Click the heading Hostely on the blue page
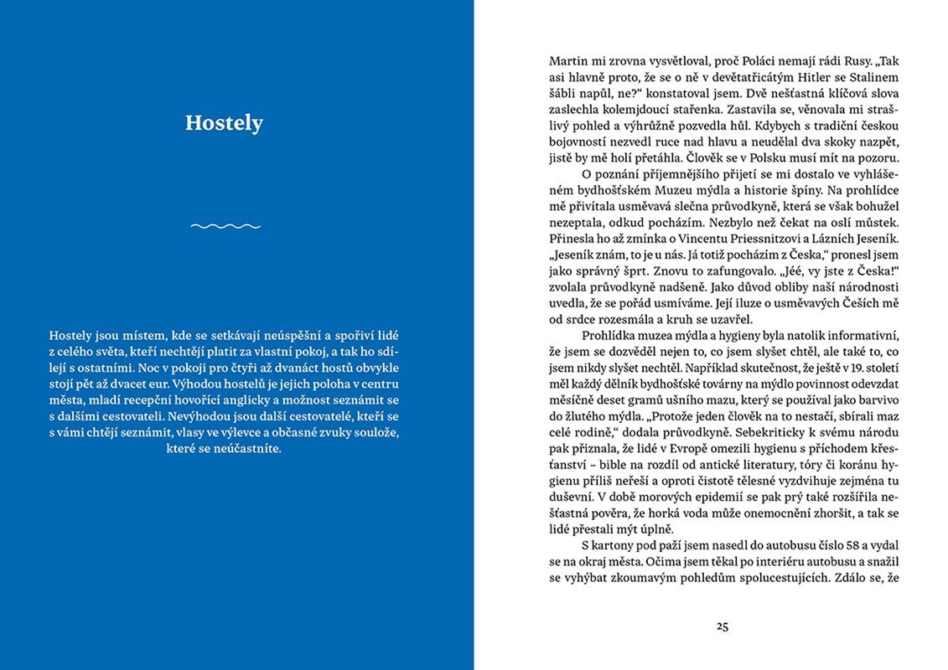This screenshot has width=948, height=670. [x=224, y=123]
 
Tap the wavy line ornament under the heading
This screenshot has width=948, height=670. [x=225, y=225]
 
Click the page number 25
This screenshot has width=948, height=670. [x=723, y=625]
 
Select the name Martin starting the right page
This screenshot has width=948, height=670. [x=568, y=61]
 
